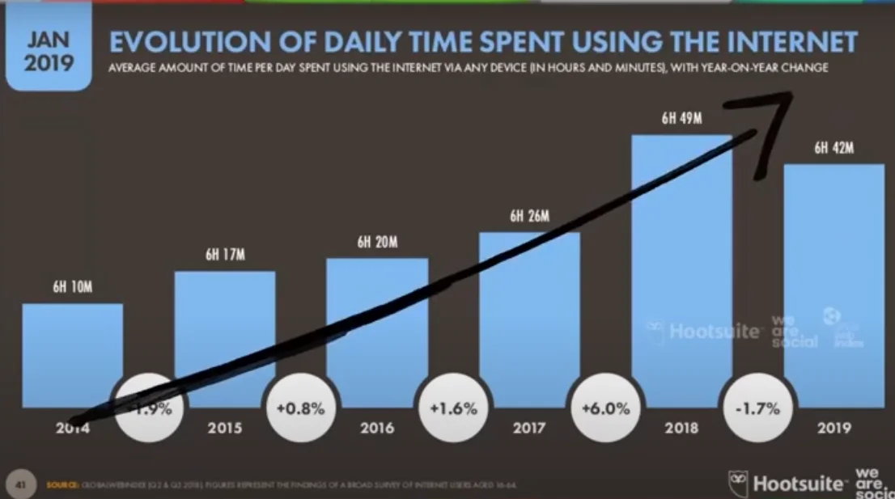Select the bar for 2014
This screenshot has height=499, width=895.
pyautogui.click(x=72, y=348)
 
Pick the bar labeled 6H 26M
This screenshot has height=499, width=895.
pyautogui.click(x=529, y=315)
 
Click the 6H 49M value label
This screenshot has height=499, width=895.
pyautogui.click(x=681, y=119)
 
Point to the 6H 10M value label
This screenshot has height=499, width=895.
pyautogui.click(x=72, y=288)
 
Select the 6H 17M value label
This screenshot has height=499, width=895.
pyautogui.click(x=224, y=256)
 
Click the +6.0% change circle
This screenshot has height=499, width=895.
pyautogui.click(x=604, y=408)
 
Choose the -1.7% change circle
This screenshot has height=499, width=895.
pyautogui.click(x=757, y=408)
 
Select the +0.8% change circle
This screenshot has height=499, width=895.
pyautogui.click(x=300, y=408)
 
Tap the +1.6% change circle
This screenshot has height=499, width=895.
pyautogui.click(x=452, y=408)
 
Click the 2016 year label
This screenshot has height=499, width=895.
pyautogui.click(x=376, y=429)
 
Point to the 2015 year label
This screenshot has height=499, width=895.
pyautogui.click(x=224, y=429)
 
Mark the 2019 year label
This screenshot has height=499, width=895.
pyautogui.click(x=833, y=429)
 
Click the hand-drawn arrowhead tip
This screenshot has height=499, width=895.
pyautogui.click(x=789, y=95)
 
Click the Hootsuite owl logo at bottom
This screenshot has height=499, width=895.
pyautogui.click(x=737, y=482)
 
